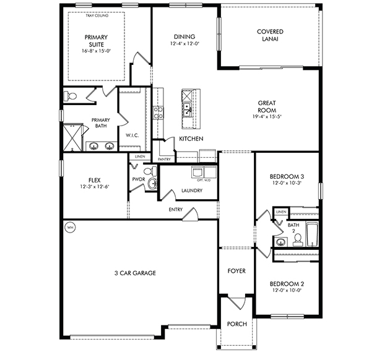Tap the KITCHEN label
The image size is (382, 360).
click(191, 139)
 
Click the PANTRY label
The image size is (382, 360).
click(164, 160)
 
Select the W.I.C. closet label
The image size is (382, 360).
click(131, 134)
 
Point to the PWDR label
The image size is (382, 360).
click(138, 179)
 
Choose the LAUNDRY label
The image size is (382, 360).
click(191, 191)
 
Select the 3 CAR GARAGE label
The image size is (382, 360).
click(134, 273)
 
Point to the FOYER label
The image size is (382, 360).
click(237, 271)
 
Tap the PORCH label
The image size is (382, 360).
click(237, 324)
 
